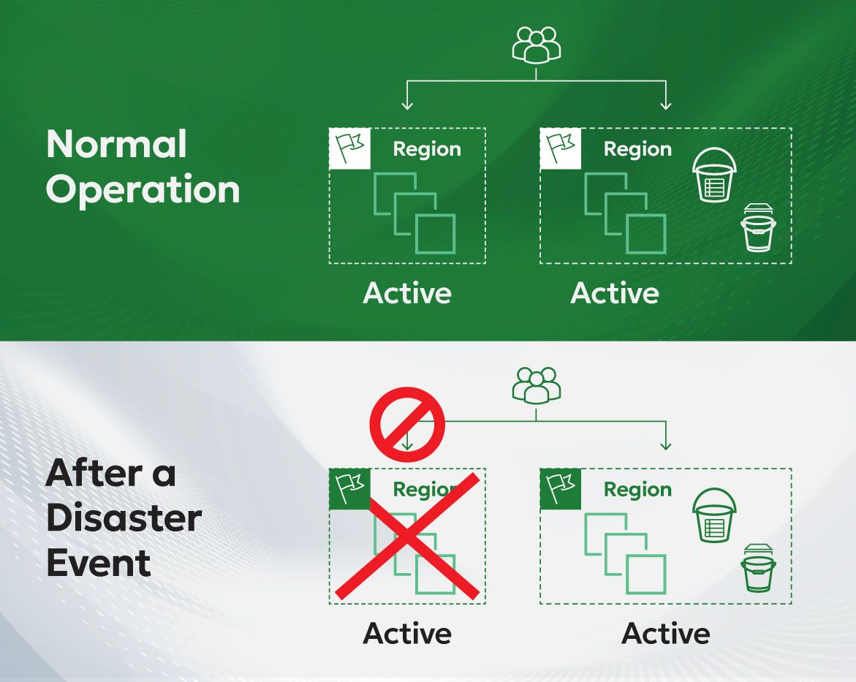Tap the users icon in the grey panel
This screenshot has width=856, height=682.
536,386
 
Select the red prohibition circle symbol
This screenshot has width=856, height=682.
407,425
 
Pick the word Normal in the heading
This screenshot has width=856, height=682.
117,144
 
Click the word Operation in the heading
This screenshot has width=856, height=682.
143,190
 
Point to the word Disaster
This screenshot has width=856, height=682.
124,518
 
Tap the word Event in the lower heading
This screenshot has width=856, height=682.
99,563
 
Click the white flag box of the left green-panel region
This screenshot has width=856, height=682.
350,149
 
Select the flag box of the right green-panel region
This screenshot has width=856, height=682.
561,149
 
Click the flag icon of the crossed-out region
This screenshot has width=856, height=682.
350,489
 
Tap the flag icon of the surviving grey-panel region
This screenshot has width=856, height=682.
561,489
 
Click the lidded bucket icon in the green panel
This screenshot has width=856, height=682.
758,227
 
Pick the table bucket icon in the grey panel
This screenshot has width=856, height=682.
714,515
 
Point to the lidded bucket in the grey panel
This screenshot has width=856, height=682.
758,568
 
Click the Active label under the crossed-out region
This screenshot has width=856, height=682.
407,634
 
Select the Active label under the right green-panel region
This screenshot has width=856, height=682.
615,293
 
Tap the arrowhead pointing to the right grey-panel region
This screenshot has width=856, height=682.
665,445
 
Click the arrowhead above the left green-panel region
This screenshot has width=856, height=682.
406,105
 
